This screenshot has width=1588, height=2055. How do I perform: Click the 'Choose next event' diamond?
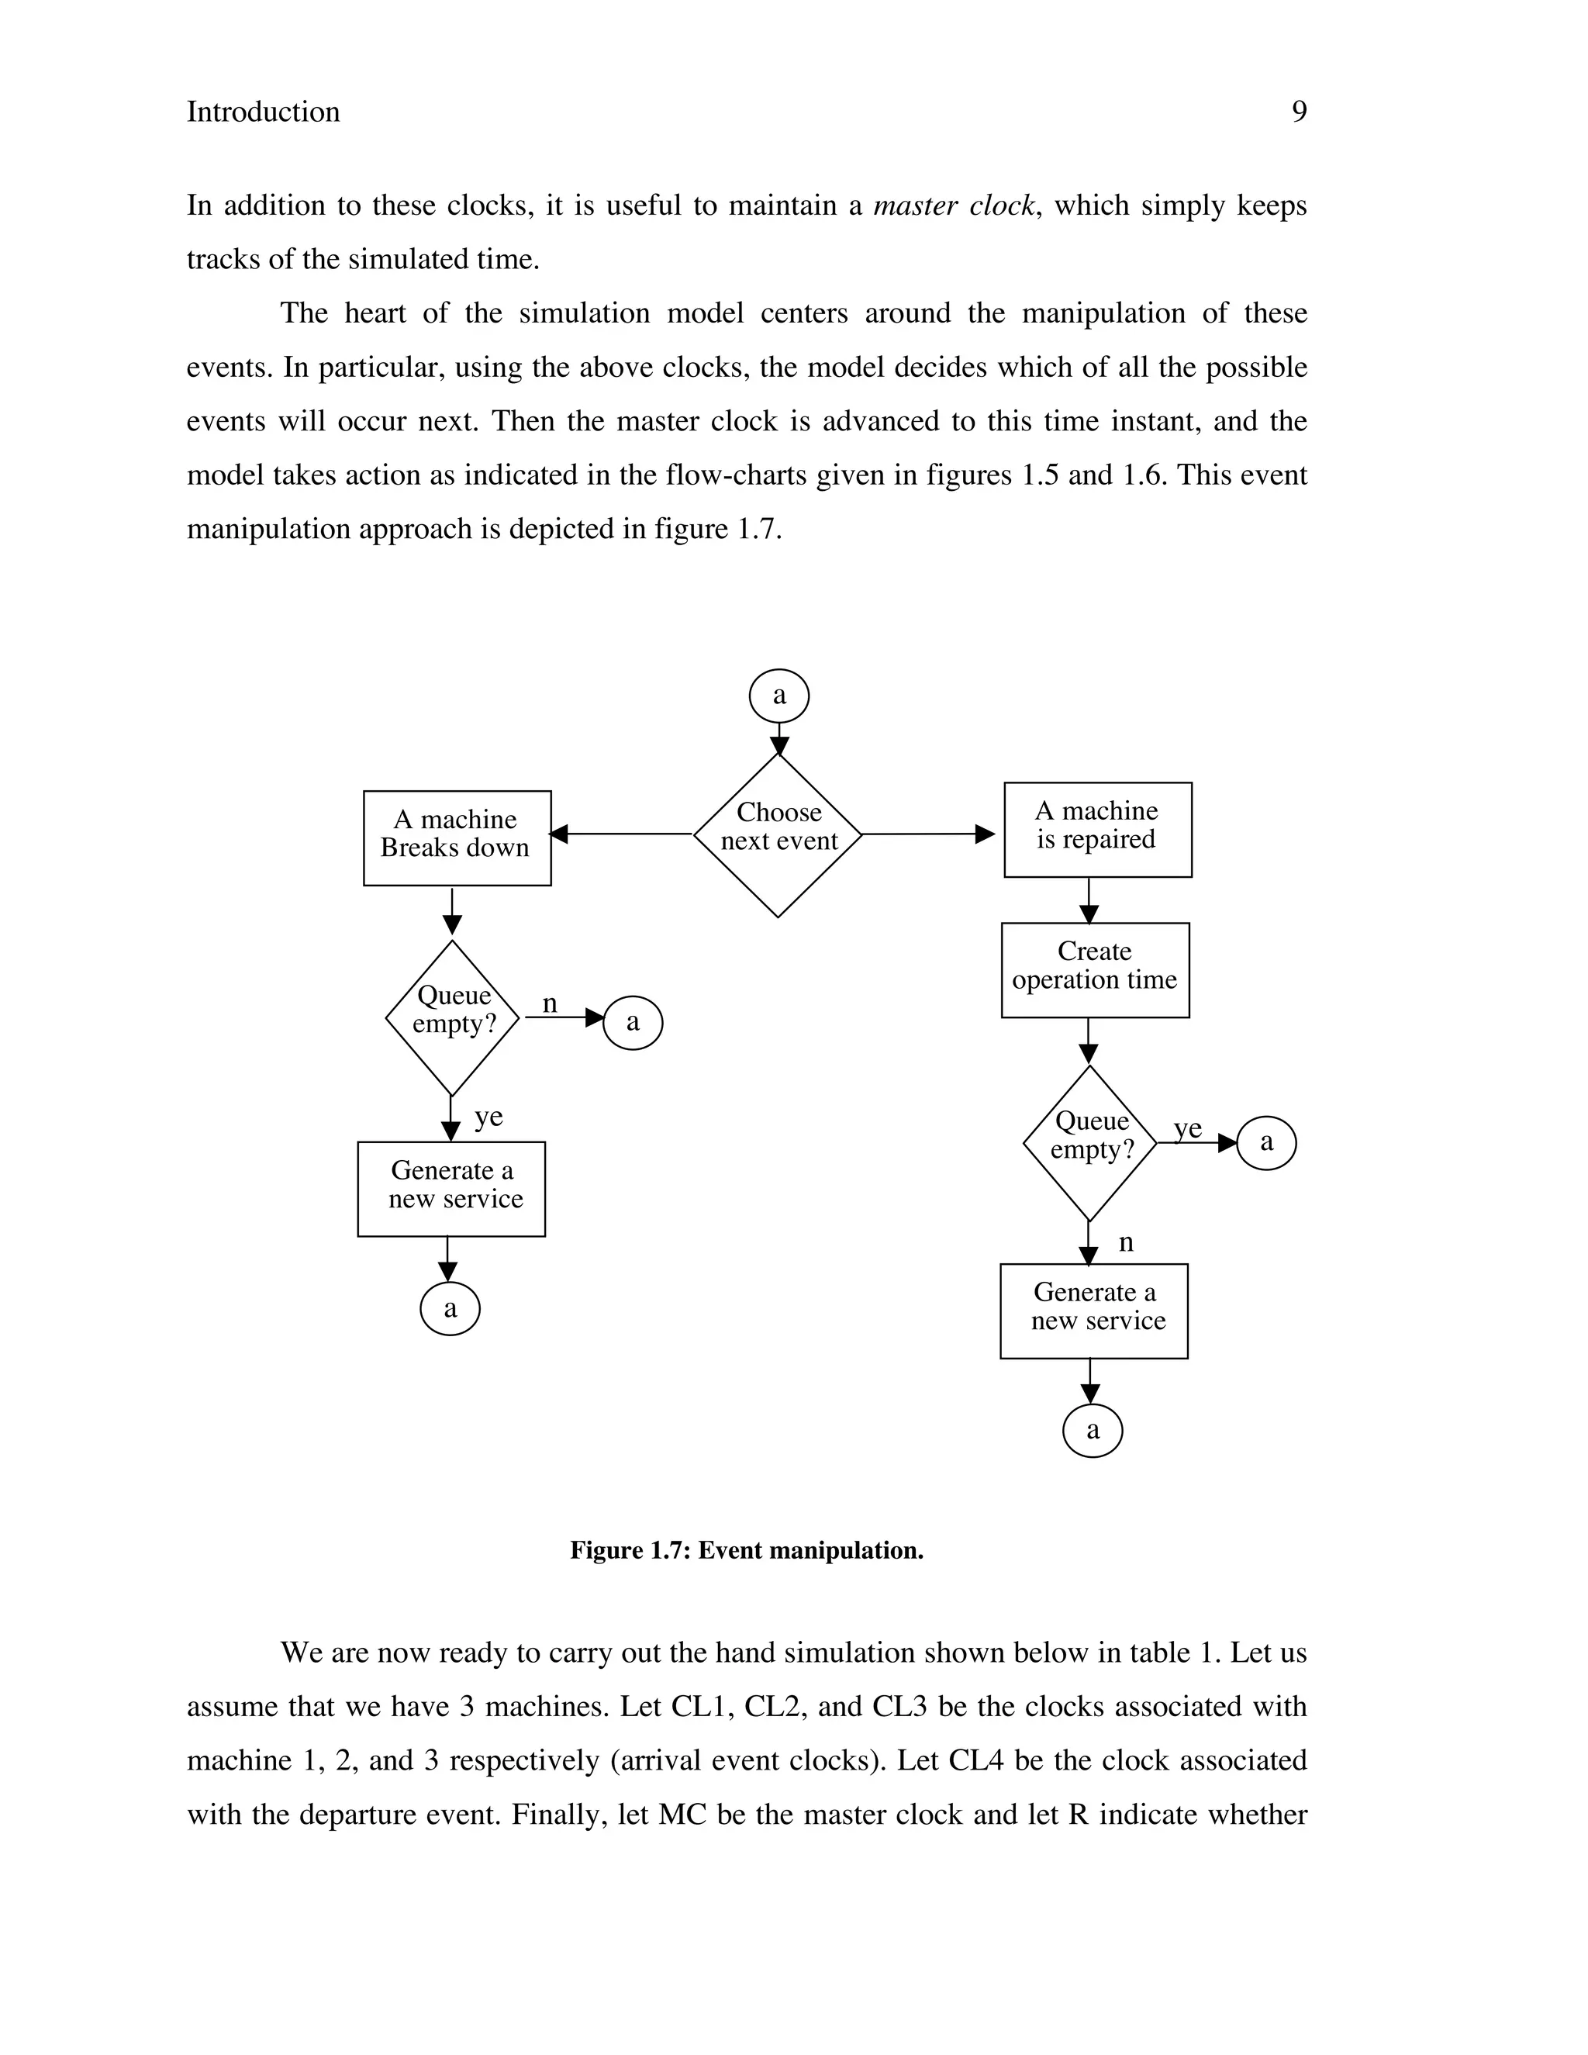[x=778, y=834]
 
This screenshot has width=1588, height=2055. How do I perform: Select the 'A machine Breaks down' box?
[x=457, y=838]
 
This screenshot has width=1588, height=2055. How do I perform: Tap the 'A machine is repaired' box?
[x=1097, y=829]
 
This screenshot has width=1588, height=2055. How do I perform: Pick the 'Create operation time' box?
[x=1095, y=969]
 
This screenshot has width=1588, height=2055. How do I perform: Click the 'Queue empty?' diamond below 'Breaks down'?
[x=453, y=1017]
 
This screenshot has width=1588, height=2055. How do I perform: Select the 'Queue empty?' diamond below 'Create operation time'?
[x=1089, y=1142]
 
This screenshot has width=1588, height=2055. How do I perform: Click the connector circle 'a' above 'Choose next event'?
[x=779, y=696]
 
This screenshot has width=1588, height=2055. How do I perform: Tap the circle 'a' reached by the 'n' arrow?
[x=632, y=1023]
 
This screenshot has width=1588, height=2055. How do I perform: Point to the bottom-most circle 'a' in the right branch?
[x=1093, y=1432]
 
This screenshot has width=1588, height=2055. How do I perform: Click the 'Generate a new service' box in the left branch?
[x=451, y=1188]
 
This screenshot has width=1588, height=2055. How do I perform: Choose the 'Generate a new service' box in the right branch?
[x=1094, y=1310]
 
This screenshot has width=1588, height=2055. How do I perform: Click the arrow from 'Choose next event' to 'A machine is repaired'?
[x=927, y=834]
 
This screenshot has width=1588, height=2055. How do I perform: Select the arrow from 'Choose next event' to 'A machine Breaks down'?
[x=622, y=834]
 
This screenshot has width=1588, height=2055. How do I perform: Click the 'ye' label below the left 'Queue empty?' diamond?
[x=488, y=1117]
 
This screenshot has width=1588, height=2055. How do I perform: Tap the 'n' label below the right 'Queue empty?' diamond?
[x=1126, y=1243]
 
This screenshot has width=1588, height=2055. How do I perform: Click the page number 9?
[x=1298, y=112]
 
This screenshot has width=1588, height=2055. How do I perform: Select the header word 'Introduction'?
[x=264, y=112]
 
